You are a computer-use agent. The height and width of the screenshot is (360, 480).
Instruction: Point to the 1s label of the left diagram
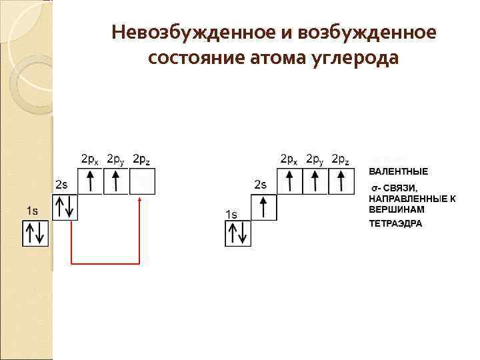31,211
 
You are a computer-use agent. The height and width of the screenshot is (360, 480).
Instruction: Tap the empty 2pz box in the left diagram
141,181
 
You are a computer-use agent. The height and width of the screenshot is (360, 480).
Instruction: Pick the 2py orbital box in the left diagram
115,181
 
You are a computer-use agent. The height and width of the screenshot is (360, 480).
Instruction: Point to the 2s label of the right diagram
260,184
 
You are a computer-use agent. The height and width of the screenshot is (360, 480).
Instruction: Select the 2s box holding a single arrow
264,207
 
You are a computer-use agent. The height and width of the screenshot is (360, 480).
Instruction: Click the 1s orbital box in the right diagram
238,233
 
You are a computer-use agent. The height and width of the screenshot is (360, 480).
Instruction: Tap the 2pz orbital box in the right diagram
340,181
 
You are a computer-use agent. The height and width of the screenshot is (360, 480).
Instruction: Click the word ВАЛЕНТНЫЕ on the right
399,171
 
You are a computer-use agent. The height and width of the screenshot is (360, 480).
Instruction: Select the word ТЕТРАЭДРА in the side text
395,224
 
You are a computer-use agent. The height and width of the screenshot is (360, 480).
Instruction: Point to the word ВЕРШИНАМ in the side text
396,209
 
